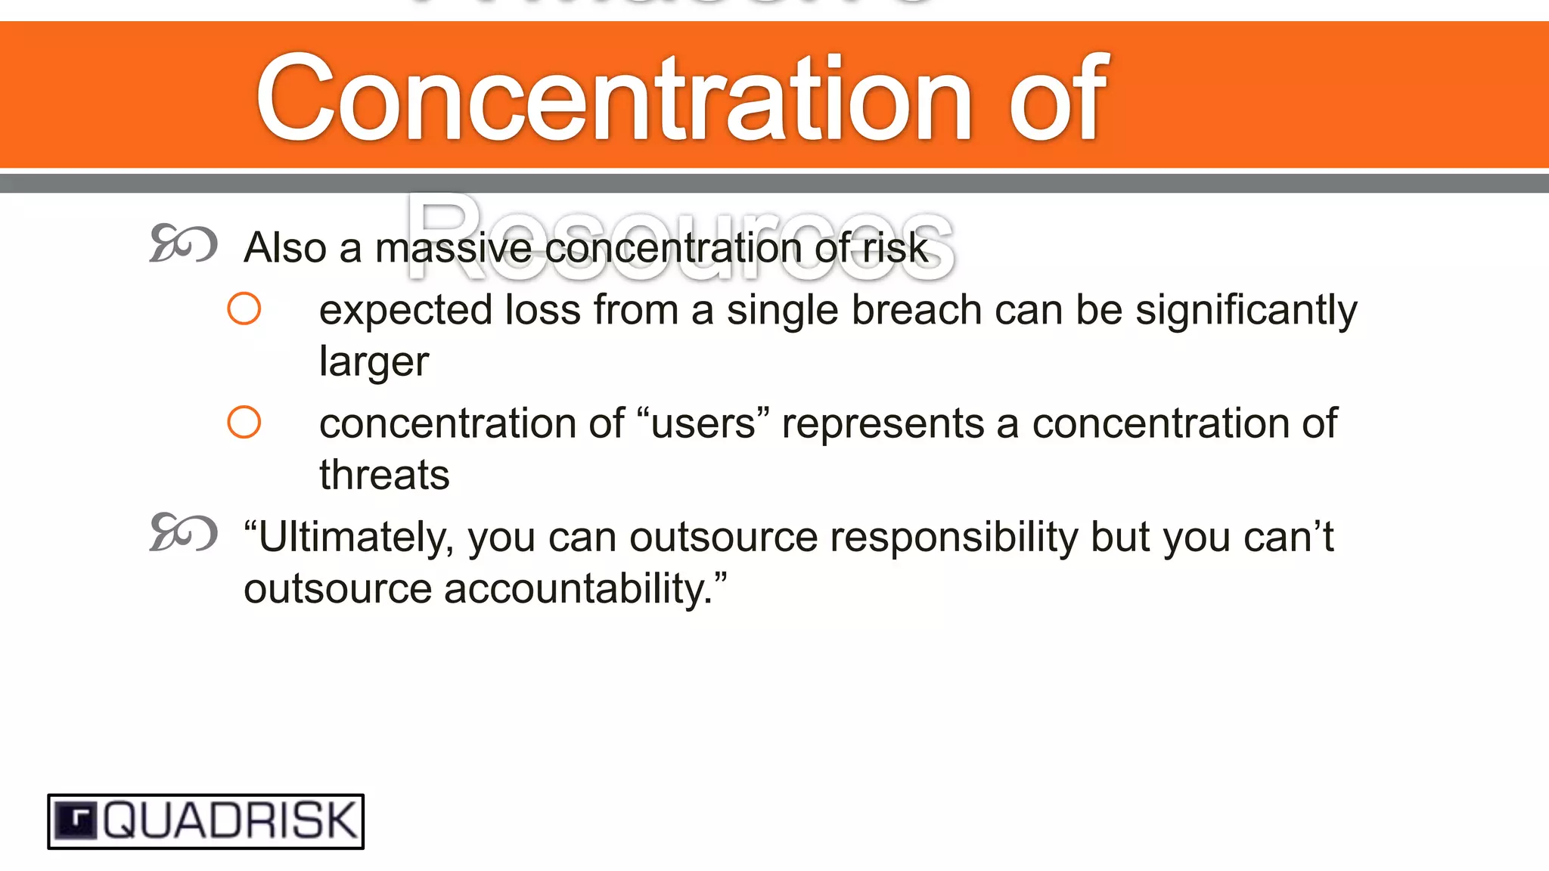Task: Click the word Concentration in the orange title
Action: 613,98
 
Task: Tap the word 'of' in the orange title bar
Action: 1057,98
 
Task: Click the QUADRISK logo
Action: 206,821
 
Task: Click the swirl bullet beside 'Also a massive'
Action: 183,243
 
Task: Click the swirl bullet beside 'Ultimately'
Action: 183,532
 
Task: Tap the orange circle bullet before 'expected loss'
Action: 244,308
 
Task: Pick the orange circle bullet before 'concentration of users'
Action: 244,422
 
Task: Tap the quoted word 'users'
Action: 703,423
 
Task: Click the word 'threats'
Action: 384,475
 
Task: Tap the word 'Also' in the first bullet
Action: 285,248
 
